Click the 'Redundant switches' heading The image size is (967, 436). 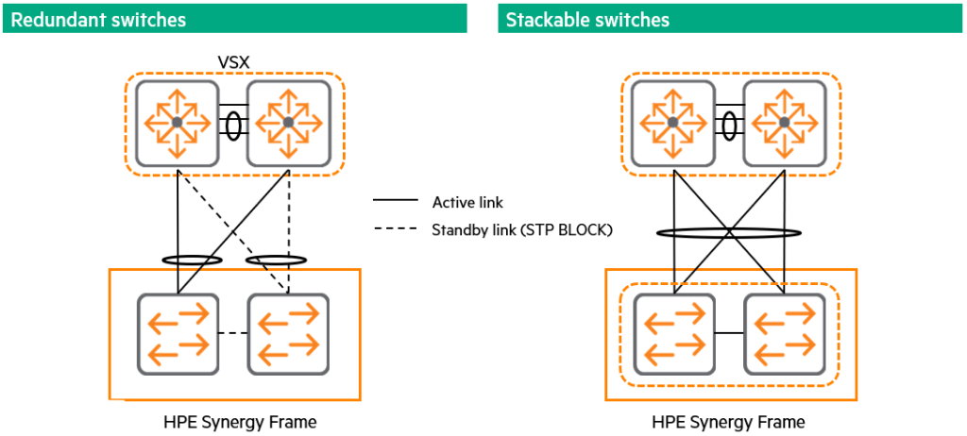pyautogui.click(x=98, y=19)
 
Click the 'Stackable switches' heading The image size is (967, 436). pyautogui.click(x=587, y=19)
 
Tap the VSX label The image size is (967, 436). pyautogui.click(x=233, y=61)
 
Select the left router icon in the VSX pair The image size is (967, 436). pyautogui.click(x=178, y=123)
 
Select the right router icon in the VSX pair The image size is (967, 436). pyautogui.click(x=288, y=123)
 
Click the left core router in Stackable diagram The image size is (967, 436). pyautogui.click(x=672, y=123)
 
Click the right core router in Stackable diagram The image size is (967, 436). pyautogui.click(x=784, y=123)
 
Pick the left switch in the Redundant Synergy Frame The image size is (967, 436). pyautogui.click(x=178, y=334)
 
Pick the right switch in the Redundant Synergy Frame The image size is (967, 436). pyautogui.click(x=288, y=334)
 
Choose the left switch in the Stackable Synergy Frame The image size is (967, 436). pyautogui.click(x=673, y=334)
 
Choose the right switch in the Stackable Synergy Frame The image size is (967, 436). pyautogui.click(x=784, y=334)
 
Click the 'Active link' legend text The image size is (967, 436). pyautogui.click(x=467, y=201)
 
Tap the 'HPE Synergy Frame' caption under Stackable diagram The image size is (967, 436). pyautogui.click(x=729, y=422)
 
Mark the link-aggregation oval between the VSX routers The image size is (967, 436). pyautogui.click(x=232, y=124)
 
